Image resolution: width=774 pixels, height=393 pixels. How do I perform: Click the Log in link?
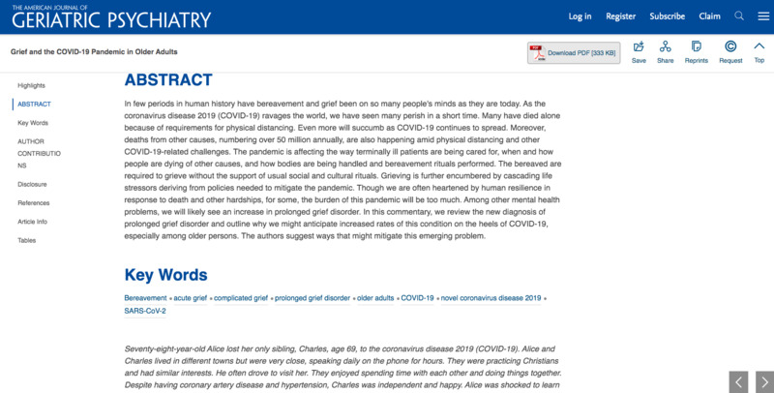pos(580,16)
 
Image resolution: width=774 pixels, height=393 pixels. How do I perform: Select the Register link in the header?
pos(620,16)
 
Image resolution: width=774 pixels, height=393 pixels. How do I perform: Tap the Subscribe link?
pos(668,16)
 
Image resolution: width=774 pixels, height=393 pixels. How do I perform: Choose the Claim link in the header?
pos(709,16)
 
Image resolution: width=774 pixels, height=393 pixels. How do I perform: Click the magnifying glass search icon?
pos(739,16)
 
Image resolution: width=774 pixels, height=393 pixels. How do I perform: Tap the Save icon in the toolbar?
pos(639,51)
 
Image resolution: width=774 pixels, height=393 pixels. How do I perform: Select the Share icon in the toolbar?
pos(666,51)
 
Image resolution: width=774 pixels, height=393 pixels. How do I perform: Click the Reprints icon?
pos(697,51)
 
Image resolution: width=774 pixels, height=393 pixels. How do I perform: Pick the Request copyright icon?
pos(730,51)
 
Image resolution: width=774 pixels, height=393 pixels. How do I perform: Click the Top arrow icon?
pos(759,51)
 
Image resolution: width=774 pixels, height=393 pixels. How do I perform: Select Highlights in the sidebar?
pos(31,86)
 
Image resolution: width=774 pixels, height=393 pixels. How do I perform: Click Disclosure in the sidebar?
pos(32,184)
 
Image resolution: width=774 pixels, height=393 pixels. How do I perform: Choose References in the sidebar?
pos(34,202)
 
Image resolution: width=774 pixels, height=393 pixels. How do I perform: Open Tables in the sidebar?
pos(27,240)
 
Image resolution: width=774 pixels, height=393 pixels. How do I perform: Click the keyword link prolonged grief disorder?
pos(312,298)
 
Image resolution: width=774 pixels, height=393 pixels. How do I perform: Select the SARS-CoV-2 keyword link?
pos(145,312)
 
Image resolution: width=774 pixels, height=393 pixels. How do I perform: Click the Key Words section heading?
pos(165,275)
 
